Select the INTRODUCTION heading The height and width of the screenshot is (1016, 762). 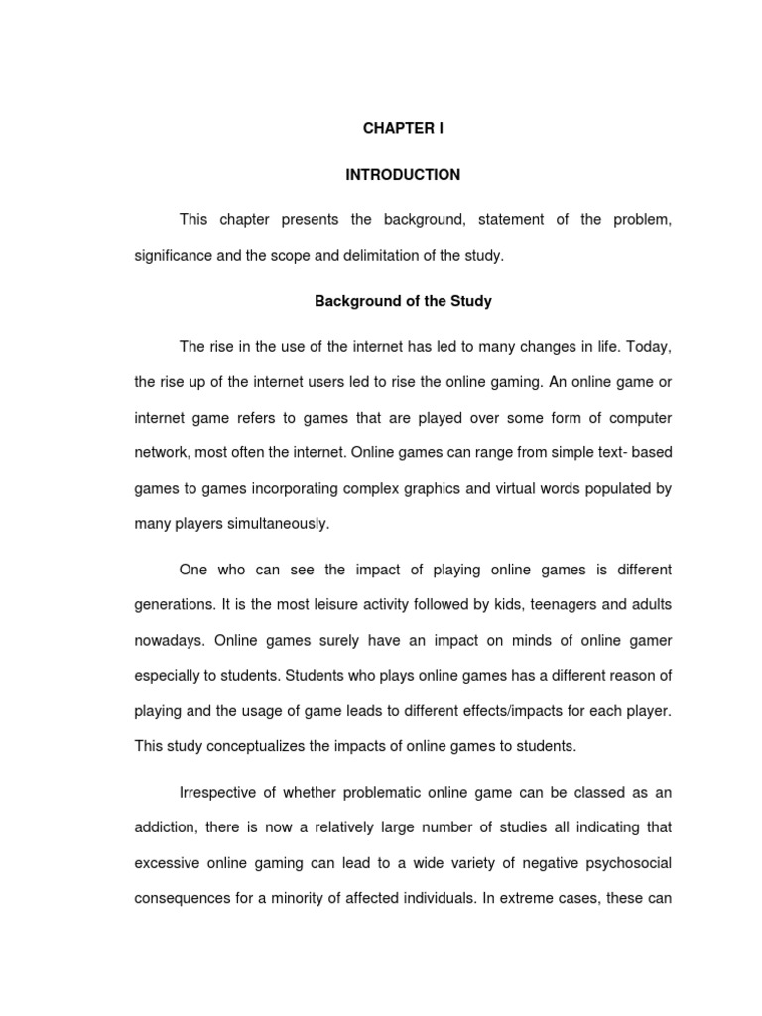coord(403,175)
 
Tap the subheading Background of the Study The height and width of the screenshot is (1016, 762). coord(403,301)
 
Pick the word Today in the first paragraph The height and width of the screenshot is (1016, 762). coord(649,346)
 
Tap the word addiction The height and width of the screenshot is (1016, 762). coord(166,826)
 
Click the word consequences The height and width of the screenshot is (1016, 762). coord(182,898)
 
